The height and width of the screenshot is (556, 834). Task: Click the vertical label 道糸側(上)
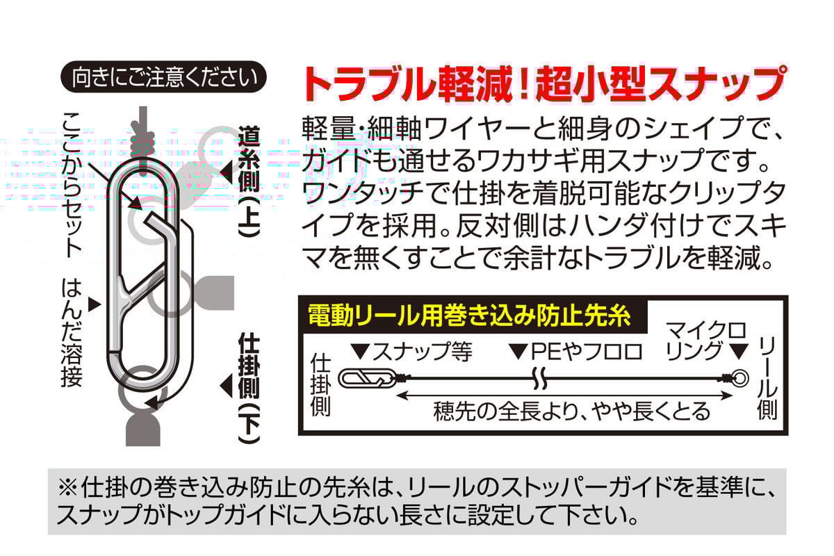[x=248, y=182]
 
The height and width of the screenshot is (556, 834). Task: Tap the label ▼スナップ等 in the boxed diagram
[x=414, y=352]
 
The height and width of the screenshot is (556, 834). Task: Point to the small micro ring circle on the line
[x=739, y=379]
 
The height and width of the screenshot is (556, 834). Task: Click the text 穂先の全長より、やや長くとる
[x=571, y=411]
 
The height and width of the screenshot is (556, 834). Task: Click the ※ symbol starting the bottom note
[x=69, y=487]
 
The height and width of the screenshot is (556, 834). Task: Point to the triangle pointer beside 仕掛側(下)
[x=226, y=384]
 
